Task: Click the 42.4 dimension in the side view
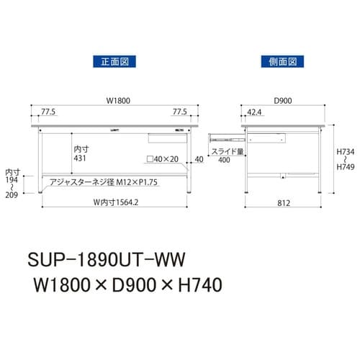(254, 113)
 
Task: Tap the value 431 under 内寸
(81, 158)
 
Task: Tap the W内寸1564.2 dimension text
(109, 202)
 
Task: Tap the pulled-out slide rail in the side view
(225, 135)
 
